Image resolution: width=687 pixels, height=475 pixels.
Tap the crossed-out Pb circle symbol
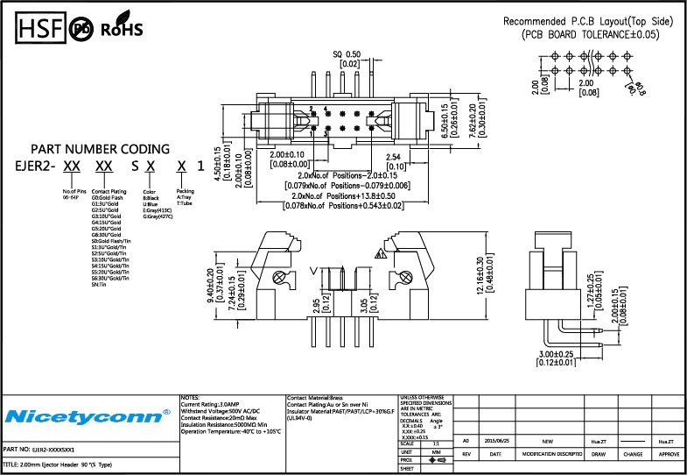tap(81, 28)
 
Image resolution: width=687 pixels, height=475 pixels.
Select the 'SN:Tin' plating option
tap(99, 285)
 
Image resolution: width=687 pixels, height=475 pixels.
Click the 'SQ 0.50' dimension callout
tap(347, 53)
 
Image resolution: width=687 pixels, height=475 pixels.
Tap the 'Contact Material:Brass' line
tap(319, 398)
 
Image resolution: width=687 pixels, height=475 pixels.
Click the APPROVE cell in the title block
tap(669, 455)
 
